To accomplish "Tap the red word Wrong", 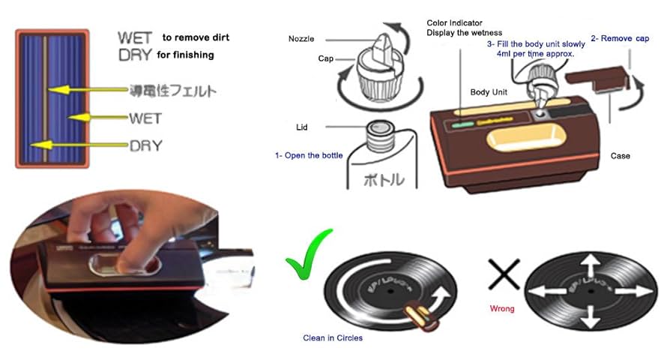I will (501, 308).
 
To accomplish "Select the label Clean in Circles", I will (333, 338).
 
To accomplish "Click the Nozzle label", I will (302, 38).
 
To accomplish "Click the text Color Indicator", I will (456, 22).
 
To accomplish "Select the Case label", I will (620, 156).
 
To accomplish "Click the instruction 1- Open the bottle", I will (309, 156).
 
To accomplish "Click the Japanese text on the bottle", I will (384, 180).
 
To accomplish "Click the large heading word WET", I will (135, 37).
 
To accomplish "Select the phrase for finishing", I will (185, 55).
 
